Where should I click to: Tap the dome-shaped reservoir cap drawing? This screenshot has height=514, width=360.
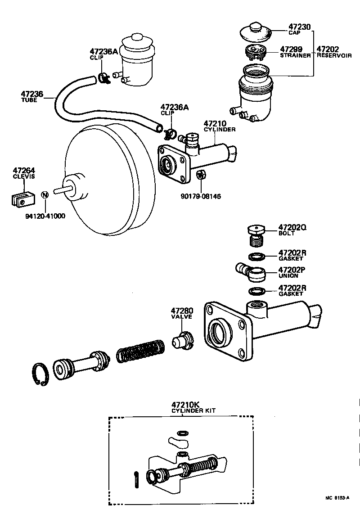tap(255, 32)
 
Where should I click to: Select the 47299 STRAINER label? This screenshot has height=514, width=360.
tap(295, 52)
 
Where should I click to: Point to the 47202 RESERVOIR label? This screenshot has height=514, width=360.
tap(334, 52)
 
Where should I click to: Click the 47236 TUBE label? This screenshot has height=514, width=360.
tap(31, 96)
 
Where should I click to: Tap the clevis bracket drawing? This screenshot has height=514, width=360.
tap(22, 198)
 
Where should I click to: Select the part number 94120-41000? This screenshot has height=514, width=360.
tap(45, 216)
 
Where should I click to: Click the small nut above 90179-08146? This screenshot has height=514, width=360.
tap(202, 175)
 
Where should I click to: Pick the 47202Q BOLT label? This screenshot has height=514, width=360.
tap(292, 230)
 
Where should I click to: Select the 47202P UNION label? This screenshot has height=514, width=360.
tap(292, 272)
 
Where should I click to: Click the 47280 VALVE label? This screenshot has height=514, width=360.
tap(182, 313)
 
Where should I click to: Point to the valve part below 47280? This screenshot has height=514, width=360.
tap(182, 341)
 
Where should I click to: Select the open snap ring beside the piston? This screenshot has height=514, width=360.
tap(42, 374)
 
